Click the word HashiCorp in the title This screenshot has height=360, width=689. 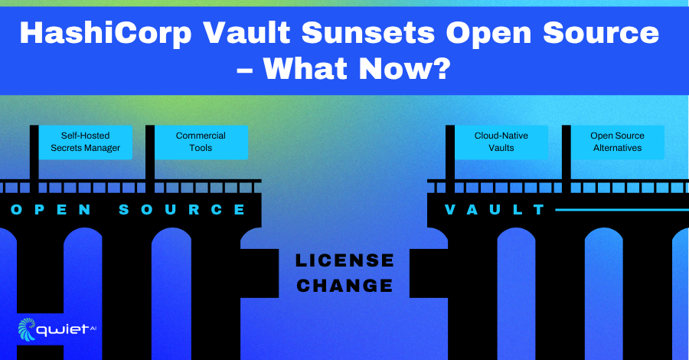(106, 34)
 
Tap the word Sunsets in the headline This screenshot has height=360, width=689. (369, 32)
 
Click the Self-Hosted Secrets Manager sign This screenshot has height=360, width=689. (85, 142)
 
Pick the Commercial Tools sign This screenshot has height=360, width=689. (201, 142)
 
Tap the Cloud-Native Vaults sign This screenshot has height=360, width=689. (501, 142)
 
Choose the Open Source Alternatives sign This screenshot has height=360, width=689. (617, 142)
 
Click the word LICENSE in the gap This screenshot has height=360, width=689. (344, 260)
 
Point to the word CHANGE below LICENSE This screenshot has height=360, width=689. (344, 286)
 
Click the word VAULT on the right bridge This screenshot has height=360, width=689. (495, 210)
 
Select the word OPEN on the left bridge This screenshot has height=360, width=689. (51, 210)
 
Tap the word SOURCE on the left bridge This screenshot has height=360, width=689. (182, 210)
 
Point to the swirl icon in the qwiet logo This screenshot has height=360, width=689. (27, 329)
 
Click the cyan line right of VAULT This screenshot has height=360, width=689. (622, 210)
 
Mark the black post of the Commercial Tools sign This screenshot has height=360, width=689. (150, 159)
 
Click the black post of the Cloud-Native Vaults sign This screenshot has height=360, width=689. (450, 159)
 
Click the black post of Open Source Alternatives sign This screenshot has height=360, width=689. (567, 159)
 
